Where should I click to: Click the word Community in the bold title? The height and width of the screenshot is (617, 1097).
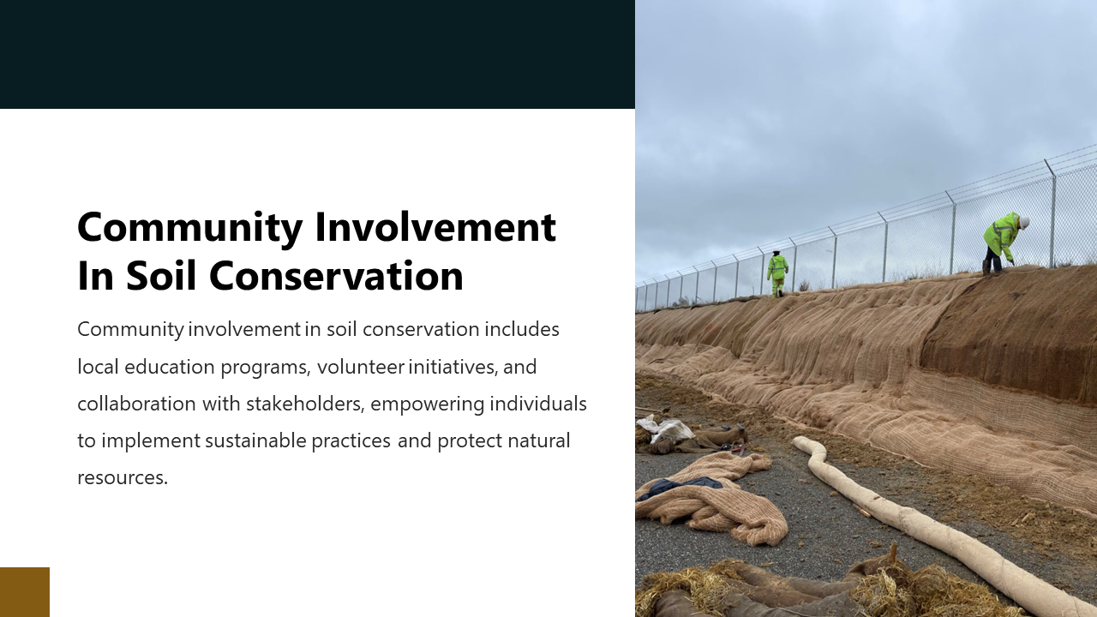[x=189, y=228]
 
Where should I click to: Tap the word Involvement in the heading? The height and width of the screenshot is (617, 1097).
[x=435, y=228]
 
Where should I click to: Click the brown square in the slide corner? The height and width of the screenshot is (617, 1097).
[x=25, y=592]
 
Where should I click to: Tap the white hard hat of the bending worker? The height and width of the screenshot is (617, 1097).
[x=1024, y=223]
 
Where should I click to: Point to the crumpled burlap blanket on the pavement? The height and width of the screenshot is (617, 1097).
[x=711, y=501]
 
